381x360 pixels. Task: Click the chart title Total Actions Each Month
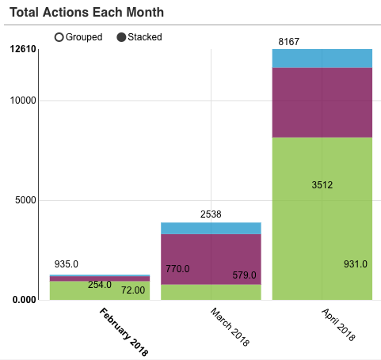pos(97,13)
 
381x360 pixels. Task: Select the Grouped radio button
pos(59,37)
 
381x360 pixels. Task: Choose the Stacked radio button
pos(122,37)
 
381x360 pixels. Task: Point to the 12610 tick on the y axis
pos(23,50)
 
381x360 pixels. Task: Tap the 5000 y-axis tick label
pos(26,200)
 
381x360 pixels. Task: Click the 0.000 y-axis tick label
pos(24,299)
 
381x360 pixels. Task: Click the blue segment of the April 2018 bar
pos(322,59)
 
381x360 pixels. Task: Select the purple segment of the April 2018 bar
pos(322,103)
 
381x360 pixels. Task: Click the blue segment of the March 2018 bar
pos(211,228)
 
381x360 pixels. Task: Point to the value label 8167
pos(289,40)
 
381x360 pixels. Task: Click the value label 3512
pos(322,185)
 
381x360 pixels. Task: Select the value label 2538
pos(211,214)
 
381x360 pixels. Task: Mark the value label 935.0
pos(67,264)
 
